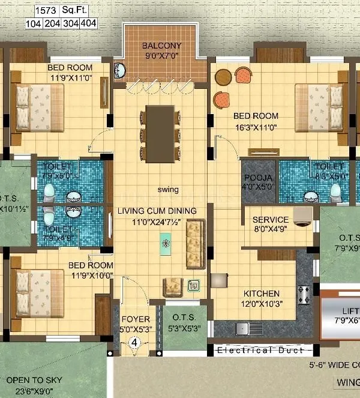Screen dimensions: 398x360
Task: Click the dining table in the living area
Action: coord(160,133)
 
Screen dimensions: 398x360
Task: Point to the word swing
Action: coord(168,190)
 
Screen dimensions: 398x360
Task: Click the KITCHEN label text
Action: coord(261,294)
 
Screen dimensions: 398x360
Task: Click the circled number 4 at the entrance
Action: coord(135,343)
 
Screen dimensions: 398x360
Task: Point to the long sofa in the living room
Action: coord(196,244)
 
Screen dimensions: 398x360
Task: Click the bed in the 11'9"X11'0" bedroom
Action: coord(38,106)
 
